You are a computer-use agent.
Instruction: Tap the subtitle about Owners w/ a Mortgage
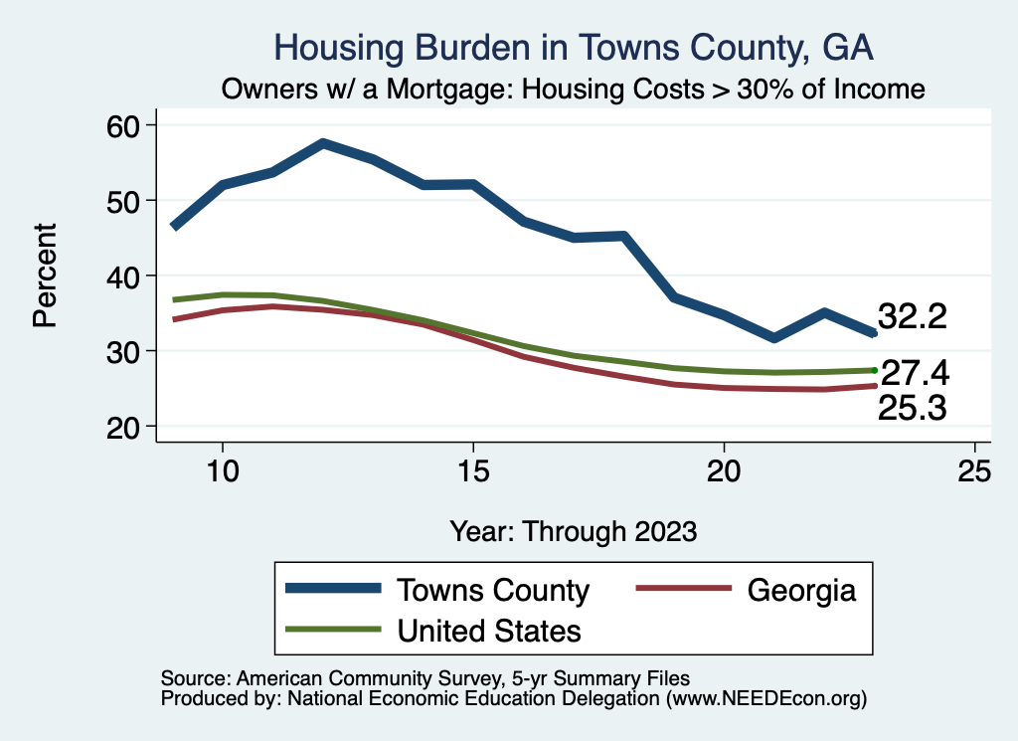tap(574, 90)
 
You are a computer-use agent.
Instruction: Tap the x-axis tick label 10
tap(223, 471)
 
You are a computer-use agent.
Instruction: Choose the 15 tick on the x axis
tap(473, 471)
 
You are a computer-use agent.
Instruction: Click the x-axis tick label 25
tap(974, 471)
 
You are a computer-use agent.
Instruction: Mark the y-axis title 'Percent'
tap(45, 276)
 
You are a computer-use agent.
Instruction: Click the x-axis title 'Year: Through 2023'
tap(574, 530)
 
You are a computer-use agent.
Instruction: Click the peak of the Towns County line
tap(323, 144)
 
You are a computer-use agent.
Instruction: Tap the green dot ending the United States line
tap(874, 370)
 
